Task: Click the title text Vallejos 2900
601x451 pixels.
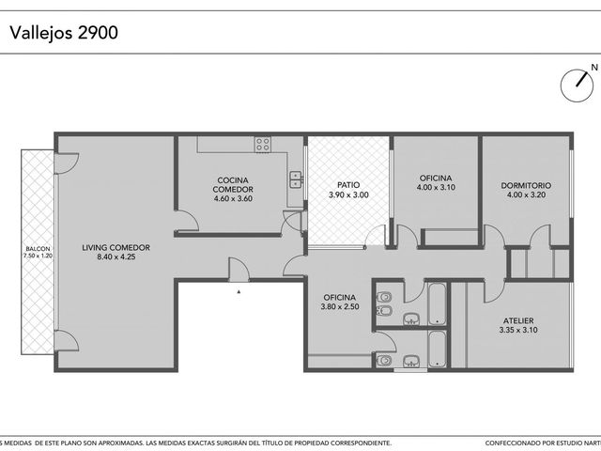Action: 64,33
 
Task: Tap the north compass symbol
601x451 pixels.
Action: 577,86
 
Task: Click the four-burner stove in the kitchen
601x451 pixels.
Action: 263,145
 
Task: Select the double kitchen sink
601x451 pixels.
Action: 296,179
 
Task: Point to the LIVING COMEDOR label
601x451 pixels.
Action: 116,248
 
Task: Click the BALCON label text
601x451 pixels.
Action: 38,249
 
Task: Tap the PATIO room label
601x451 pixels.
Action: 348,185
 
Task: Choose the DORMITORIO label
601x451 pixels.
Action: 526,186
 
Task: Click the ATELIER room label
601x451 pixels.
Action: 518,320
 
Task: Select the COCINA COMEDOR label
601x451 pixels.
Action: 233,185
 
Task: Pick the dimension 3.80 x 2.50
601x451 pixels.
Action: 340,307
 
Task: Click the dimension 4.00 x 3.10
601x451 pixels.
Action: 436,188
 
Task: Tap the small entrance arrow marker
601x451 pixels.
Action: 239,292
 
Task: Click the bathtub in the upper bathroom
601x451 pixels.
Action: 437,304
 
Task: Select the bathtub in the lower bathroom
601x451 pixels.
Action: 437,349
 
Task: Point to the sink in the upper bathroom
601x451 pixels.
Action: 411,319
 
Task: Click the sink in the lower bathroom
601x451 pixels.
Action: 411,361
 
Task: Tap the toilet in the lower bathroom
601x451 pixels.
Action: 384,361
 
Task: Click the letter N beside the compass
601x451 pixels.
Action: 594,68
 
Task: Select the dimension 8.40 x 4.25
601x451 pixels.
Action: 116,257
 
